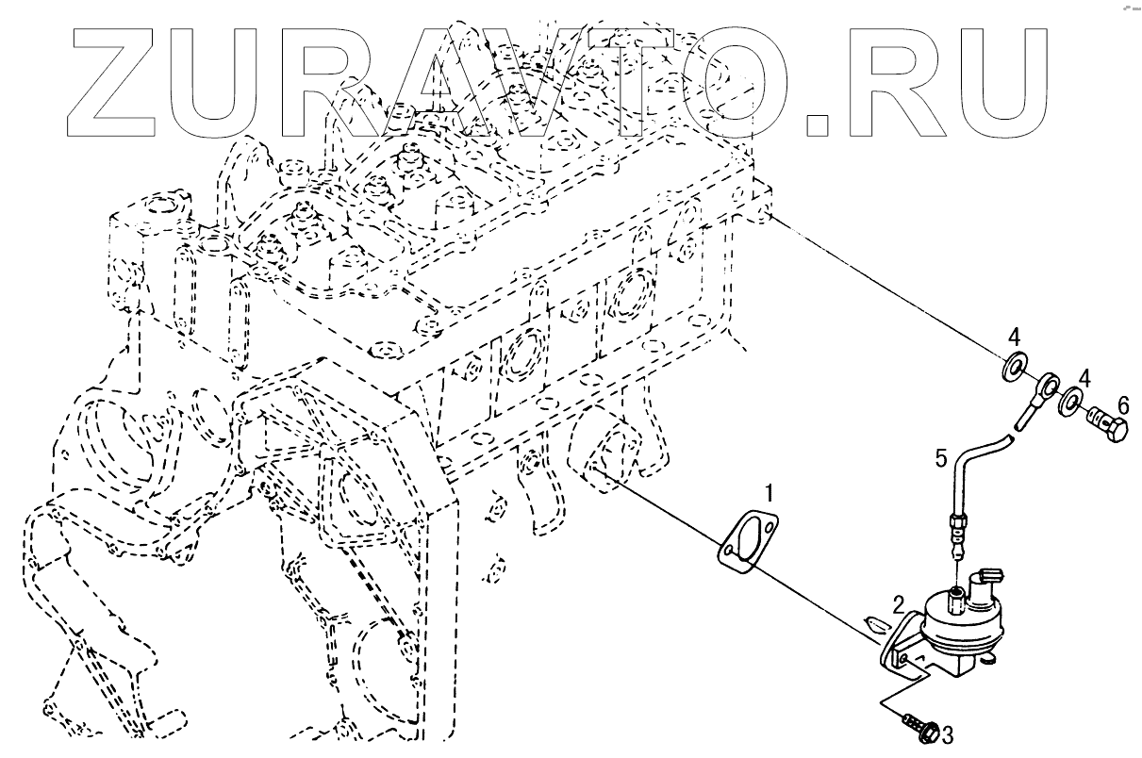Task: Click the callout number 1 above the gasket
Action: [x=770, y=493]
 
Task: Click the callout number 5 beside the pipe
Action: [x=941, y=459]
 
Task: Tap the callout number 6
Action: [x=1122, y=404]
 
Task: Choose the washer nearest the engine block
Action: [x=1015, y=365]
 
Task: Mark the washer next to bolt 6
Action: [x=1071, y=404]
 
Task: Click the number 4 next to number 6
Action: [x=1084, y=379]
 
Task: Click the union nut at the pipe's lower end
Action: [x=958, y=521]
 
